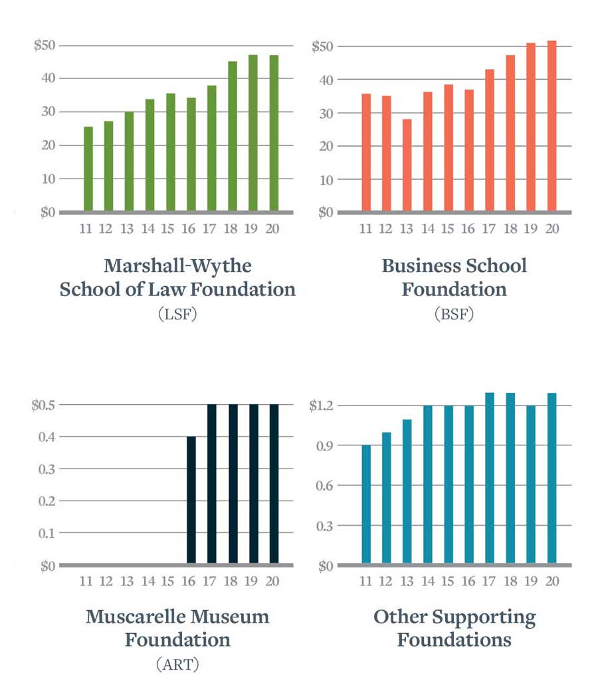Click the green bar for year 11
click(88, 169)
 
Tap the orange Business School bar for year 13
click(407, 166)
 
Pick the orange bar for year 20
click(551, 127)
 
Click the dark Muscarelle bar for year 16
click(191, 500)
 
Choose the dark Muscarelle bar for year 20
click(274, 485)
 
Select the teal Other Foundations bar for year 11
click(366, 504)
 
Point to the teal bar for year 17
click(490, 479)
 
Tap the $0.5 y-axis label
click(43, 405)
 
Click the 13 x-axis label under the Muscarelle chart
click(127, 581)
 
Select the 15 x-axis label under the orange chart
click(448, 229)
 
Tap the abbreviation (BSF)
click(454, 314)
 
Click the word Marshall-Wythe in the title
click(177, 265)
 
